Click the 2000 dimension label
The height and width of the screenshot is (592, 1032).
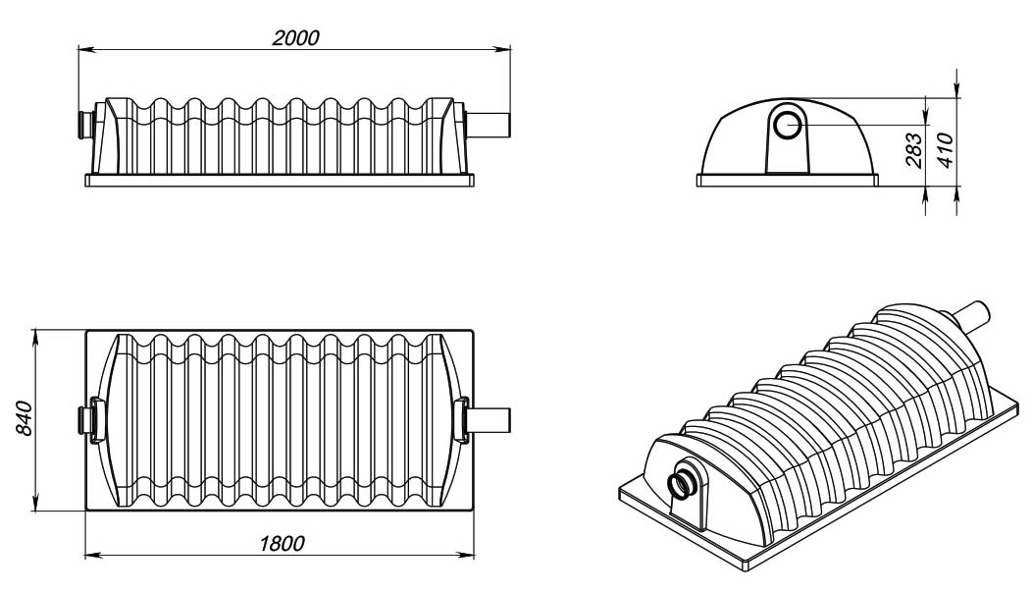tap(295, 37)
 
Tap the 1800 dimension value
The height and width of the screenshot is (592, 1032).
tap(282, 543)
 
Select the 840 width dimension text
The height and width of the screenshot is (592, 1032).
tap(23, 417)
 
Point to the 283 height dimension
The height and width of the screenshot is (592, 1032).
tap(914, 150)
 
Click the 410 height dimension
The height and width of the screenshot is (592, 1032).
tap(945, 150)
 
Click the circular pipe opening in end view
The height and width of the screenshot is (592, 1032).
tap(787, 125)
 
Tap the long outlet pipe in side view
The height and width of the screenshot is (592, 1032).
tap(489, 125)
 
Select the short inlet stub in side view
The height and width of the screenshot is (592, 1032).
tap(85, 125)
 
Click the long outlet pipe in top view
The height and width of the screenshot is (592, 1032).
tap(489, 419)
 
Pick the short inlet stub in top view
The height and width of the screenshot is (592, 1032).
tap(85, 419)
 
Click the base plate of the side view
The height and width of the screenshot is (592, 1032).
tap(279, 181)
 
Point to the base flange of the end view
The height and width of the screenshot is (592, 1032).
tap(788, 181)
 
